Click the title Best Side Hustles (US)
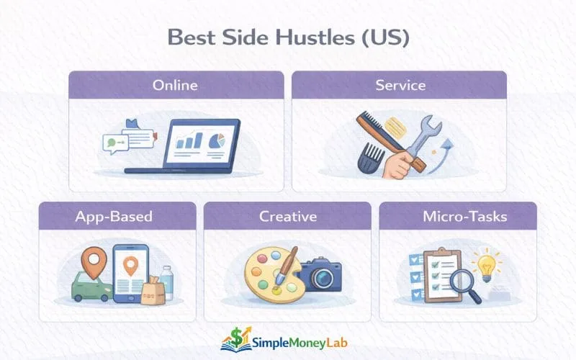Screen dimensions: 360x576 pyautogui.click(x=288, y=37)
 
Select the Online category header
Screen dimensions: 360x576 pyautogui.click(x=175, y=85)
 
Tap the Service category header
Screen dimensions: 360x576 pyautogui.click(x=400, y=85)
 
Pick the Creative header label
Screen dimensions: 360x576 pyautogui.click(x=287, y=215)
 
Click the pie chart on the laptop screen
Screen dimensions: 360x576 pyautogui.click(x=215, y=141)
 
